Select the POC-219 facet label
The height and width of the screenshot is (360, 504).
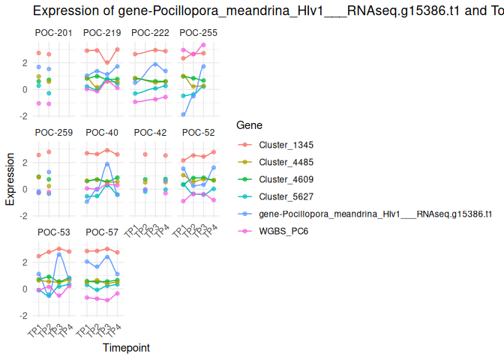[102, 33]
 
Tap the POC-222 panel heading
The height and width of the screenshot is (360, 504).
[150, 33]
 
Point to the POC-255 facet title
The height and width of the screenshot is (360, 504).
[198, 33]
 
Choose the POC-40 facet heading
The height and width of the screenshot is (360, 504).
[102, 133]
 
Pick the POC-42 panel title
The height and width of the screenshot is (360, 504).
[150, 133]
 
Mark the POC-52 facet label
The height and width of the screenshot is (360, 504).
[198, 133]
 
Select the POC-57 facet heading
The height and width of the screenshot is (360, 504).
[102, 232]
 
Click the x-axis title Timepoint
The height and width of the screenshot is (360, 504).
[126, 348]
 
